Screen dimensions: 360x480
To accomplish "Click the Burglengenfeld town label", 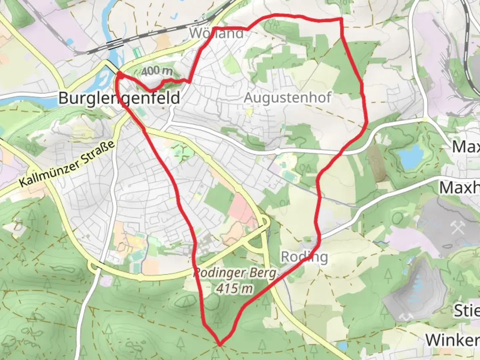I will [x=119, y=98].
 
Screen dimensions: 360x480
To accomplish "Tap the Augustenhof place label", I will [x=288, y=98].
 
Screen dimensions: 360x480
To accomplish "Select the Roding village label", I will [x=304, y=257].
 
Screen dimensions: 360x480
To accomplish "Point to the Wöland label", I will [x=217, y=33].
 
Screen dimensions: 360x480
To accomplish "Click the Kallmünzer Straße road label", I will [x=67, y=163].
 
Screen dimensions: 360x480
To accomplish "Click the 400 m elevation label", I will [x=157, y=71].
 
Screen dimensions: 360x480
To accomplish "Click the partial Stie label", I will [x=467, y=311].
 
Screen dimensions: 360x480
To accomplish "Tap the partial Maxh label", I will [x=459, y=188].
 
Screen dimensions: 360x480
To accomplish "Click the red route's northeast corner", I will [x=341, y=19].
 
